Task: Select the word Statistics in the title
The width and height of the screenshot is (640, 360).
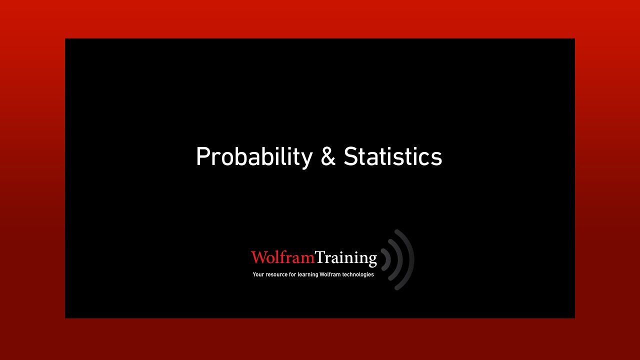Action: (393, 157)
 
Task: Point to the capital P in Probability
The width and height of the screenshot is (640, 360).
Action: (202, 157)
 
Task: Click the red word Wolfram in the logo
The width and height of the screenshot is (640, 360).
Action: (282, 257)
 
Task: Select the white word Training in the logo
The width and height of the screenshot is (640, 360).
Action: (346, 257)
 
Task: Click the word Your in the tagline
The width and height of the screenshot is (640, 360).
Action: (258, 274)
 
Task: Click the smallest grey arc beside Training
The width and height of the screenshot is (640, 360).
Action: (387, 259)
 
